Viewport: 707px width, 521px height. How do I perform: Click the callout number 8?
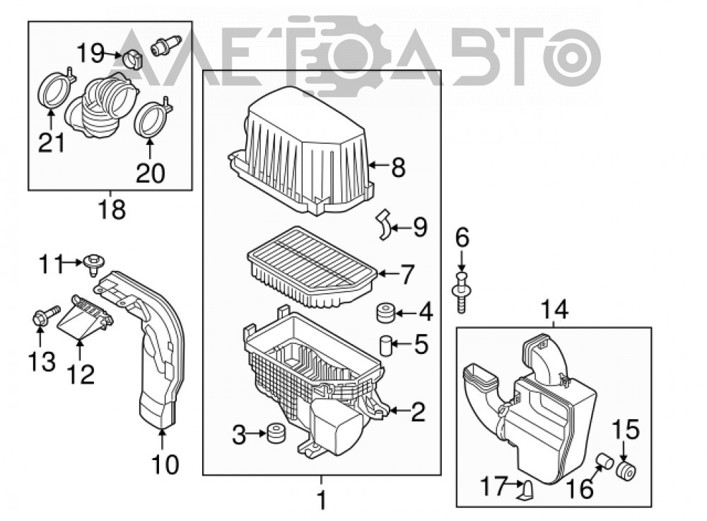coord(398,167)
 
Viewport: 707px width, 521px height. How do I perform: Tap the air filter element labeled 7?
coord(312,267)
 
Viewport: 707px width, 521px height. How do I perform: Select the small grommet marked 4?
coord(385,313)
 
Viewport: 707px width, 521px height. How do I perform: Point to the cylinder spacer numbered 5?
coord(385,345)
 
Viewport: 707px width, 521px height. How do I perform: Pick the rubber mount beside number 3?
coord(276,433)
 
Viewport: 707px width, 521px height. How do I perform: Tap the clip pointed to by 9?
coord(383,224)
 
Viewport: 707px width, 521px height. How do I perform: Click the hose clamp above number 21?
coord(55,91)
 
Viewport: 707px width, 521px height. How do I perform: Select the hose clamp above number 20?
coord(153,119)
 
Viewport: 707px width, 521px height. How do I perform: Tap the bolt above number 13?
coord(45,316)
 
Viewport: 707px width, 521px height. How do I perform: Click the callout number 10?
coord(165,464)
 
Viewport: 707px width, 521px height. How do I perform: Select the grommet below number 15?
coord(626,471)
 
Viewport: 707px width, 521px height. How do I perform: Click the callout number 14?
coord(554,310)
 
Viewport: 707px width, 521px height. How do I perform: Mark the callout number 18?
coord(112,210)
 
